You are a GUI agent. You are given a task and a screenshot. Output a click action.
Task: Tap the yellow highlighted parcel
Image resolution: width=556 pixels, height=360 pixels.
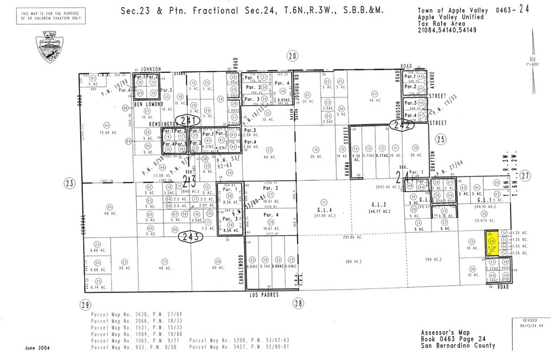[x=491, y=243]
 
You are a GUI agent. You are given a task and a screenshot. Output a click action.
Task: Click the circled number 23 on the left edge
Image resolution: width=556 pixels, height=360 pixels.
[x=69, y=183]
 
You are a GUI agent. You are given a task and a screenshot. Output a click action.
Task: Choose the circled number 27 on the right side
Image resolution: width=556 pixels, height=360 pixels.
[x=525, y=175]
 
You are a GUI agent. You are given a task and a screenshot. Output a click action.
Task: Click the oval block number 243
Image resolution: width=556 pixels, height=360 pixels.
[x=192, y=237]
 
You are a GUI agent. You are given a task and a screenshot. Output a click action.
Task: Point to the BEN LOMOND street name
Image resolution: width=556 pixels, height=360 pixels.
[x=146, y=103]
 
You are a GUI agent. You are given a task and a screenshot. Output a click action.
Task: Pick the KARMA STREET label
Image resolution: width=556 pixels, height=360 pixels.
[x=346, y=146]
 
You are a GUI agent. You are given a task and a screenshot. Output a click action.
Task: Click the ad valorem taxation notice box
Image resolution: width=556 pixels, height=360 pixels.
[x=52, y=16]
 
